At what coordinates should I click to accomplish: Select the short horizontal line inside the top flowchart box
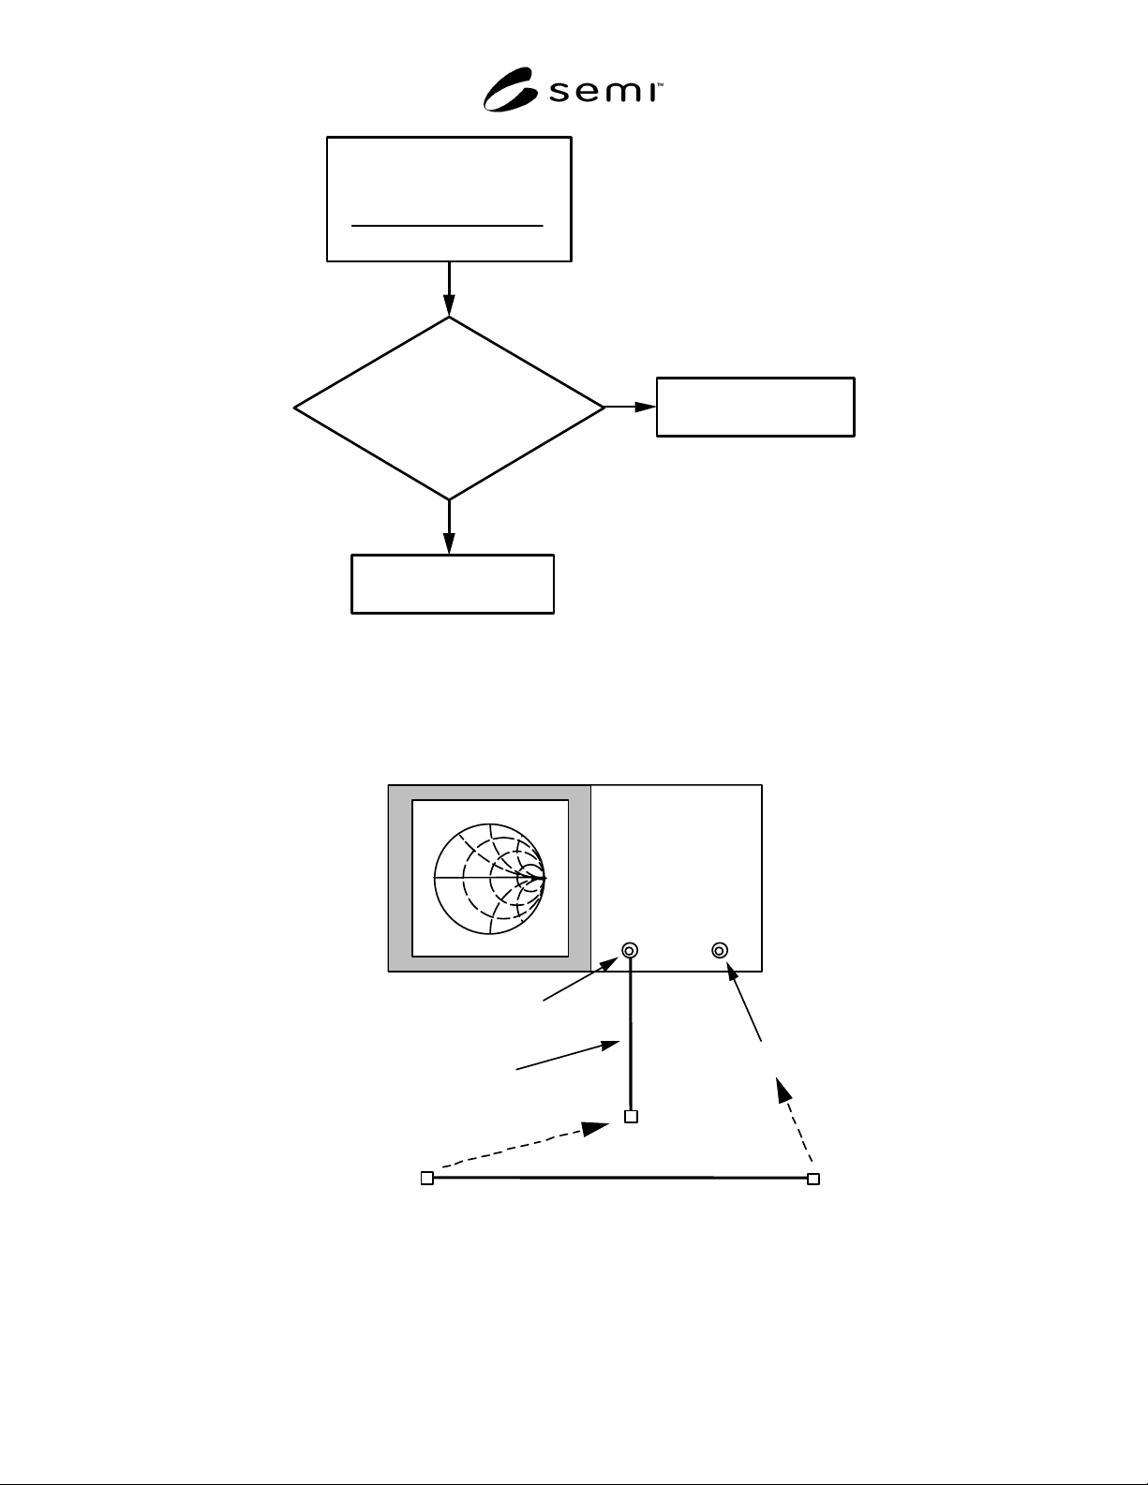tap(447, 225)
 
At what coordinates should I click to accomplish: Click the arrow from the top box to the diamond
tap(449, 290)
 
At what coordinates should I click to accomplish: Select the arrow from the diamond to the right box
tap(631, 408)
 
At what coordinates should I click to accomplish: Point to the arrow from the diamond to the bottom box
tap(449, 527)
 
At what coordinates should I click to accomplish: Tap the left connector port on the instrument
tap(630, 951)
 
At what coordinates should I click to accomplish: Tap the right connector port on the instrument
tap(720, 951)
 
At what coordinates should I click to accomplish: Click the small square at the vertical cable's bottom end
tap(632, 1117)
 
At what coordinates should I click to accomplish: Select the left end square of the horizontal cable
tap(427, 1178)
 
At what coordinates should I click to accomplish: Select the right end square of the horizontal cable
tap(813, 1179)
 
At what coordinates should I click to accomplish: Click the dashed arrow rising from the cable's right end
tap(794, 1120)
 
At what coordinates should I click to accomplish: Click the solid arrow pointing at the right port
tap(743, 1002)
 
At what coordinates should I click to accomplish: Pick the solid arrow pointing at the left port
tap(580, 979)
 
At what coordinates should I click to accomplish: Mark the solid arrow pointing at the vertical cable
tap(568, 1055)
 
